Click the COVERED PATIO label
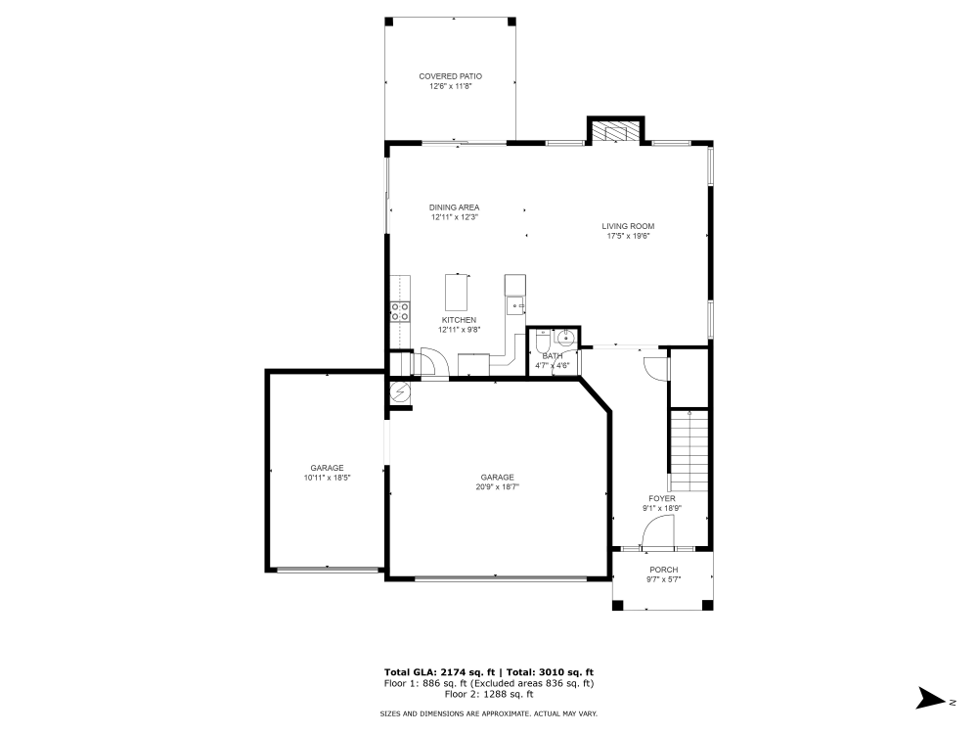[x=450, y=76]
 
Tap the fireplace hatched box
[x=615, y=131]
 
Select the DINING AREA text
[x=455, y=207]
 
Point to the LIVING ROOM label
[x=628, y=226]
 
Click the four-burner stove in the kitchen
[x=400, y=311]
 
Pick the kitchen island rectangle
[x=457, y=291]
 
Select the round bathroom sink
[x=565, y=339]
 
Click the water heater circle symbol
[x=400, y=392]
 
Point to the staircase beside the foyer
[x=689, y=451]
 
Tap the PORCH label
[x=663, y=570]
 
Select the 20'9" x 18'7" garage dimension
[x=497, y=486]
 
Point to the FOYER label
[x=662, y=498]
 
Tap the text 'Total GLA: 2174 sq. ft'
[x=439, y=672]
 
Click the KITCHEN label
[x=460, y=320]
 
